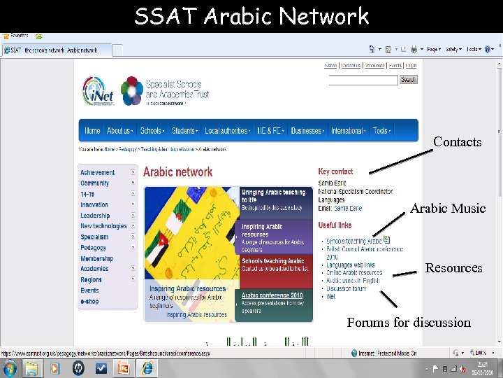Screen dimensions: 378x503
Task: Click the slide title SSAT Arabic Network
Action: click(x=251, y=16)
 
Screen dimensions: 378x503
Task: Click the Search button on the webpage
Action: click(x=408, y=80)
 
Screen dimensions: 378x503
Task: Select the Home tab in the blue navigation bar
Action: click(x=92, y=131)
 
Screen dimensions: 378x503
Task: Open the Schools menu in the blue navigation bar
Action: click(x=151, y=131)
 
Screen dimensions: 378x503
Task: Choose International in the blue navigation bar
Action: click(x=347, y=131)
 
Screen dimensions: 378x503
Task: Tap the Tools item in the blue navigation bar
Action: click(x=381, y=131)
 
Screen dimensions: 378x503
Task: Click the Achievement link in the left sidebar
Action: click(x=98, y=172)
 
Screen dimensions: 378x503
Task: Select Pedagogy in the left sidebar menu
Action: click(x=94, y=248)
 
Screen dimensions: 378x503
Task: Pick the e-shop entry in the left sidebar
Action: click(x=90, y=301)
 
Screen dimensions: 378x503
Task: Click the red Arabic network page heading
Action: click(x=178, y=172)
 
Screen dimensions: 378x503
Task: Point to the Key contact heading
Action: click(x=336, y=171)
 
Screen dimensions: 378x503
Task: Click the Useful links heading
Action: click(x=335, y=225)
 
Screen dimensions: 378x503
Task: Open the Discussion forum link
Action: click(x=346, y=288)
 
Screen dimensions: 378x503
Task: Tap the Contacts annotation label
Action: click(x=458, y=142)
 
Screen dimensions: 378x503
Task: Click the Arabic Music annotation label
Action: click(x=448, y=209)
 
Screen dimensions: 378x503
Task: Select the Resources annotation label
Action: click(x=454, y=268)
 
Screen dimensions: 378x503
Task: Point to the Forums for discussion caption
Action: click(x=409, y=323)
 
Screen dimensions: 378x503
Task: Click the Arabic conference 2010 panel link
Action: click(x=272, y=295)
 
